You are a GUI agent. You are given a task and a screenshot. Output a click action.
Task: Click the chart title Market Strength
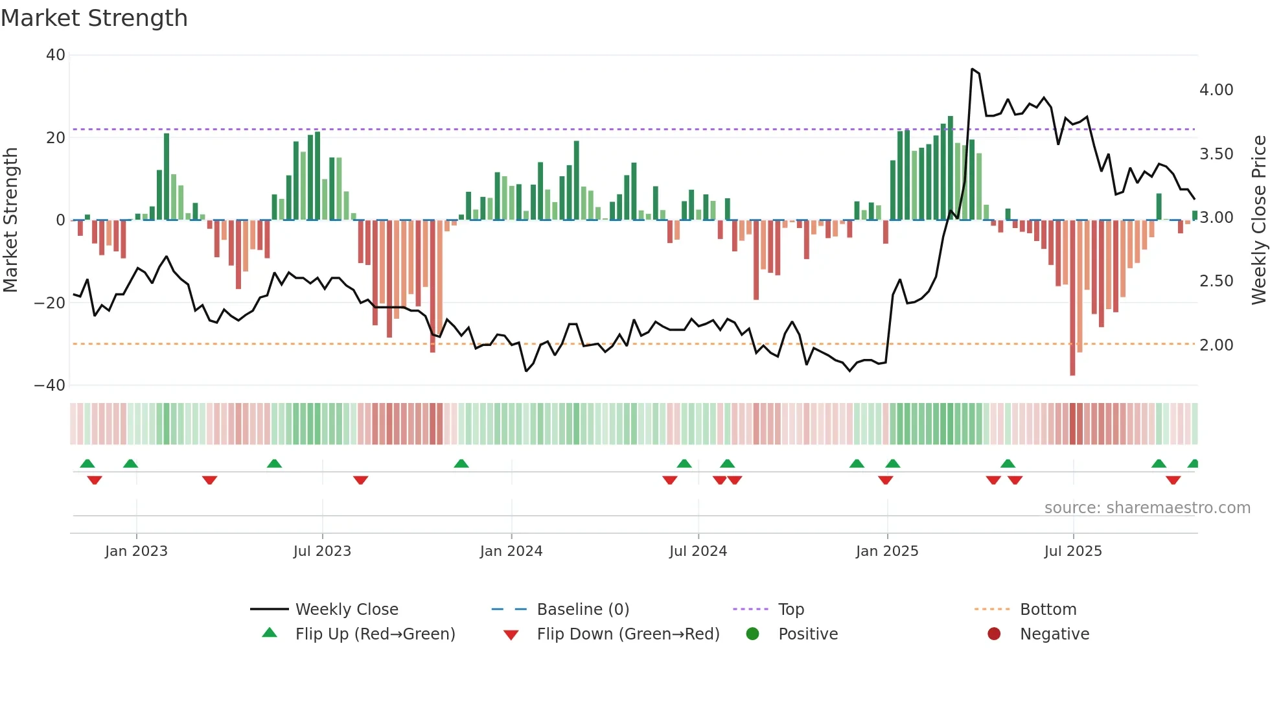94,18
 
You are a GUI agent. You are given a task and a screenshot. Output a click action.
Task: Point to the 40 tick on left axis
56,55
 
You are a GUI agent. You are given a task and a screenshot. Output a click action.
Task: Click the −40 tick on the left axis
50,386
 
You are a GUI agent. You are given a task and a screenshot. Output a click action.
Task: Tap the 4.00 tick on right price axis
1216,90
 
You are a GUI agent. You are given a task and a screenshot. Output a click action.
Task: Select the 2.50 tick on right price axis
1216,281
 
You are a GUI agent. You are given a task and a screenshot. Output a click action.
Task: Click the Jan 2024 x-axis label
511,551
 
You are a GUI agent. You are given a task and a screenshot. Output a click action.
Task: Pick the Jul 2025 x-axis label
1073,551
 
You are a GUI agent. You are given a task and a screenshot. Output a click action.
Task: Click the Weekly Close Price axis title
1258,220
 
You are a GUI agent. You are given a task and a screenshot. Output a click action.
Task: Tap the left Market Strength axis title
11,220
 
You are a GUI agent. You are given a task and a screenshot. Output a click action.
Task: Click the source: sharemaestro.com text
1147,508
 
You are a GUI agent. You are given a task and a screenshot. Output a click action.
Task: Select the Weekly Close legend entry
347,610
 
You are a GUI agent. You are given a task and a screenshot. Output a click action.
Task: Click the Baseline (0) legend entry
583,610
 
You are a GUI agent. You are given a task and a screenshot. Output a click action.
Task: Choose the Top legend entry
791,610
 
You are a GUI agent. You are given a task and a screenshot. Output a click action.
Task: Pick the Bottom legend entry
1048,610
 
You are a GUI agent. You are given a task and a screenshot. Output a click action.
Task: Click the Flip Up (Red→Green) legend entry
375,634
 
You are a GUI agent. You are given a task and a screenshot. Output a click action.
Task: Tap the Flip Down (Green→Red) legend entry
627,634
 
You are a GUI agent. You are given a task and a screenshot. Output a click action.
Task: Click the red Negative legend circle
994,634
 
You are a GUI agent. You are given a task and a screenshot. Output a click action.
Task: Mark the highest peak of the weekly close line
972,69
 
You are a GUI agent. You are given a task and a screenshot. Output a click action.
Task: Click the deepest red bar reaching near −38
1072,298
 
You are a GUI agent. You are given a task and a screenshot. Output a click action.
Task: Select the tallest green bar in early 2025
951,168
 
